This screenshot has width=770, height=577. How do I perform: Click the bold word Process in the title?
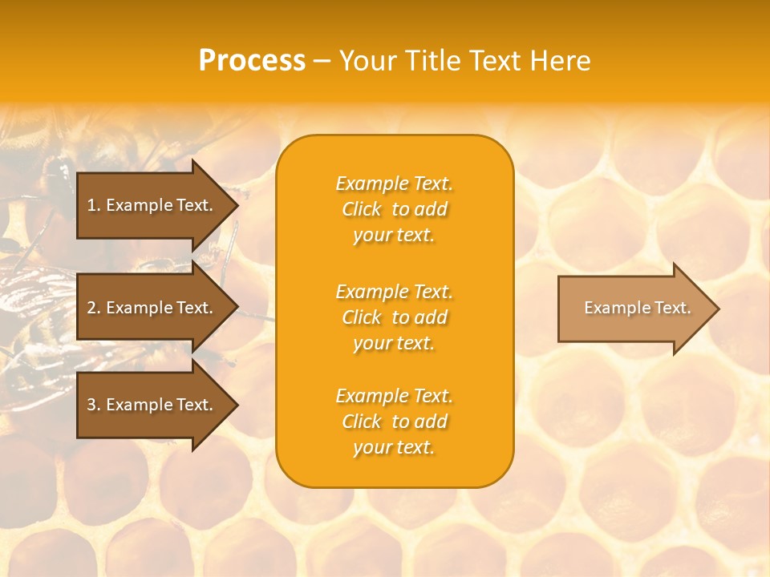coord(252,61)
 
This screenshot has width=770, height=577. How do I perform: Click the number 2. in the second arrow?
coord(93,308)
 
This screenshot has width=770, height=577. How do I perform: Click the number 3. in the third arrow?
coord(93,405)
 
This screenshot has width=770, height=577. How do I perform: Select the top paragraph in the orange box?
coord(394,209)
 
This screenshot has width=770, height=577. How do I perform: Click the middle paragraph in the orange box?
coord(394,317)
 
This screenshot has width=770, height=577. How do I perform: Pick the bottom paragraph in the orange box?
coord(394,422)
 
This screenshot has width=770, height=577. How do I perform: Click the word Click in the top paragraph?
coord(362,209)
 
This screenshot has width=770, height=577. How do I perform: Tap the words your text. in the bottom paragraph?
coord(394,447)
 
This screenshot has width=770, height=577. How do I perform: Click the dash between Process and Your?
coord(322,61)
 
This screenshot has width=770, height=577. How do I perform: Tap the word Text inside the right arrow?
coord(673,308)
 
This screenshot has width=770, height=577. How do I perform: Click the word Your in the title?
coord(367,61)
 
